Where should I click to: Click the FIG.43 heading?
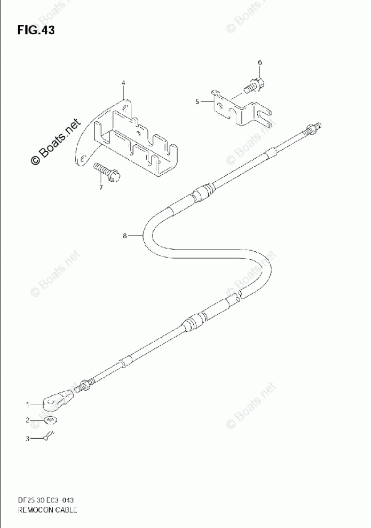pos(35,30)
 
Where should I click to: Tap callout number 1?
pos(23,405)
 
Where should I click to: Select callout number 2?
pos(23,420)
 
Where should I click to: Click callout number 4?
pos(123,83)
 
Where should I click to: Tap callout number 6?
pos(260,63)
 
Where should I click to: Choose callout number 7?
pos(100,188)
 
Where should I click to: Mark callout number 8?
pos(124,236)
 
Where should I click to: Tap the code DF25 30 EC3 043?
pos(47,500)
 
